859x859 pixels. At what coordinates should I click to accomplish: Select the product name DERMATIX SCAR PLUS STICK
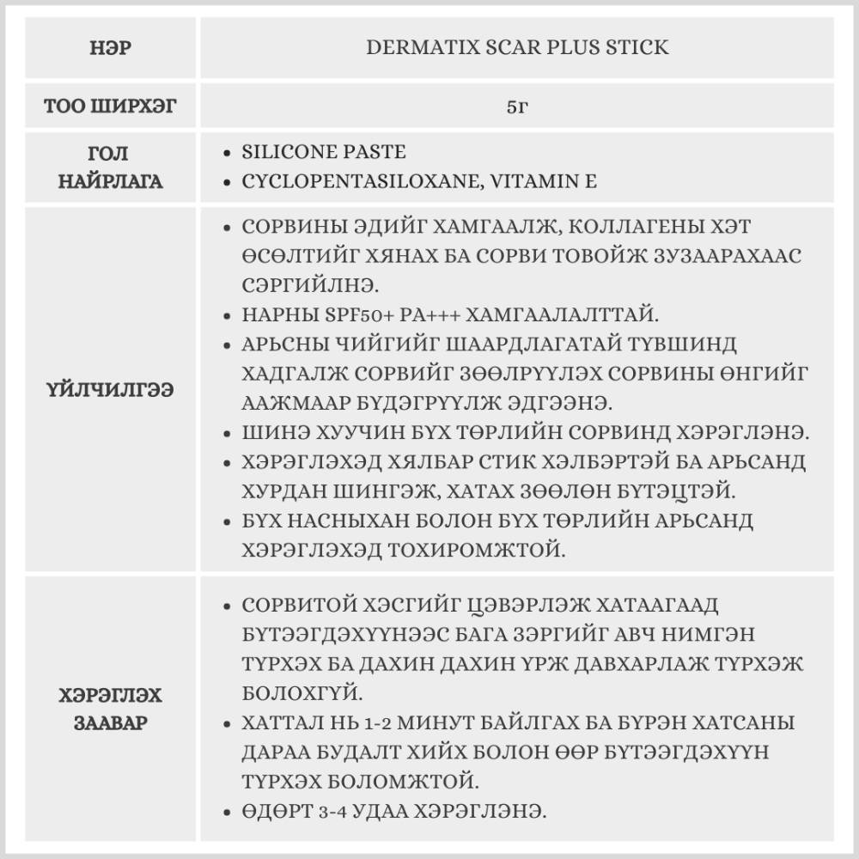[517, 48]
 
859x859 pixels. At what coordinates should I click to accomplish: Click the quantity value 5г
[517, 107]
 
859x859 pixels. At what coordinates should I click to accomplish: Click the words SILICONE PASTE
[324, 153]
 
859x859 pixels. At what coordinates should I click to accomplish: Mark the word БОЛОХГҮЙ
[292, 692]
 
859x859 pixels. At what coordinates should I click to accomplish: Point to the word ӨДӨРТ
[272, 811]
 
